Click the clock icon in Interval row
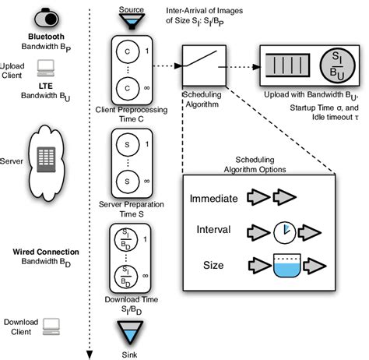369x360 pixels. click(284, 231)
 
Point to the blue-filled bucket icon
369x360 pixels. click(284, 266)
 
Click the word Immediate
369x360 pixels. click(213, 199)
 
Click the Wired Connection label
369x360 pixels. click(47, 253)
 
